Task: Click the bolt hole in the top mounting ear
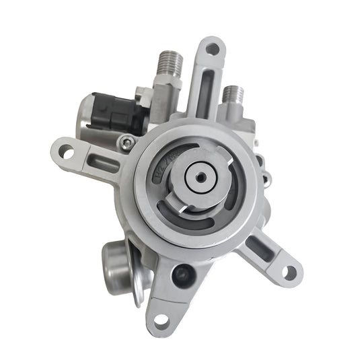[213, 48]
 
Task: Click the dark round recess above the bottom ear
[182, 273]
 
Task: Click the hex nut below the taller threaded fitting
[167, 92]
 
